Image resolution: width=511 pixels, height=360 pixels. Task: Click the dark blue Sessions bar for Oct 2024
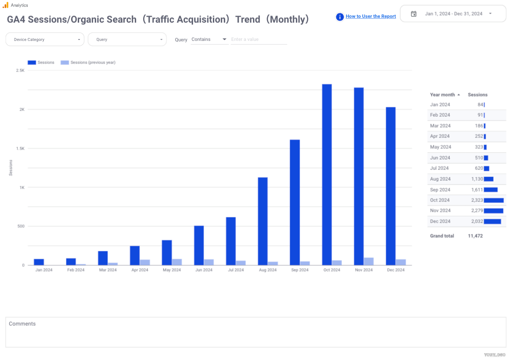[x=327, y=174]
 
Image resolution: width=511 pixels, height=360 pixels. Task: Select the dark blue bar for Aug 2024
[x=263, y=221]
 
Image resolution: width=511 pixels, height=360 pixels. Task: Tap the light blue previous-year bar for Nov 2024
[x=369, y=261]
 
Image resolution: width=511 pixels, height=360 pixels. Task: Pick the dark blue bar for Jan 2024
[x=39, y=262]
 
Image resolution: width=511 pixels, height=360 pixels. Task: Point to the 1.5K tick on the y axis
[x=20, y=148]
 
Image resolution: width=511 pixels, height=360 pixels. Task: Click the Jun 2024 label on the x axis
[x=203, y=270]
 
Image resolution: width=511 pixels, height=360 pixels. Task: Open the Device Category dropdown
[x=45, y=40]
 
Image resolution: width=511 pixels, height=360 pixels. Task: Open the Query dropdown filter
[x=127, y=40]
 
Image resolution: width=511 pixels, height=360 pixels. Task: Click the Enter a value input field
[x=259, y=40]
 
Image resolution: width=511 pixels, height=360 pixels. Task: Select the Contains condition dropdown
[x=209, y=40]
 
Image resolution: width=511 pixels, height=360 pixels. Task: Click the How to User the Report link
[x=371, y=16]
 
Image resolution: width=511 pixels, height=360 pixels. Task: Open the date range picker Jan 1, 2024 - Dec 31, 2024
[x=453, y=14]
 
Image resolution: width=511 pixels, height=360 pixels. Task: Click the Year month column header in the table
[x=442, y=95]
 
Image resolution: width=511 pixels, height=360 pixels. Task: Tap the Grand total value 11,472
[x=475, y=236]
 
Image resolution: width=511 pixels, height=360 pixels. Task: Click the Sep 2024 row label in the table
[x=440, y=190]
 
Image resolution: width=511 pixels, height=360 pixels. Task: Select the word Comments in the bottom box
[x=22, y=324]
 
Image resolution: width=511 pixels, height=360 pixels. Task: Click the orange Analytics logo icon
[x=6, y=5]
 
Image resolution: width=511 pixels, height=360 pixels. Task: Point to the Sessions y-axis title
[x=11, y=168]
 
